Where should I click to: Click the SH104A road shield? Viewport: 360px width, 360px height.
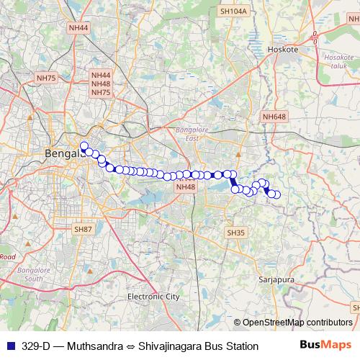(x=233, y=12)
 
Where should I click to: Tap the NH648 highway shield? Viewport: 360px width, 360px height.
(x=274, y=117)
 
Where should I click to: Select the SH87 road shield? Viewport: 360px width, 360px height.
(x=84, y=228)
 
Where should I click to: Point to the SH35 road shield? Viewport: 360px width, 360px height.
(x=235, y=233)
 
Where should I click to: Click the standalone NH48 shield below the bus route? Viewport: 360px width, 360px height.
(x=185, y=187)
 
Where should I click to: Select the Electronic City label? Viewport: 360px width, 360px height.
(x=153, y=296)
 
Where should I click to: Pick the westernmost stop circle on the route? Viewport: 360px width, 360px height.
(x=84, y=146)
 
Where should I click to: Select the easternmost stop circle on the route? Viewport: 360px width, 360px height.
(x=276, y=194)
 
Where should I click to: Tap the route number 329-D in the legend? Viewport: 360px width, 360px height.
(x=35, y=346)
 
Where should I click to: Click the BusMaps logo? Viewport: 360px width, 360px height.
(x=326, y=345)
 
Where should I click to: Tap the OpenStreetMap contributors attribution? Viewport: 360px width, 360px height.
(x=297, y=323)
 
